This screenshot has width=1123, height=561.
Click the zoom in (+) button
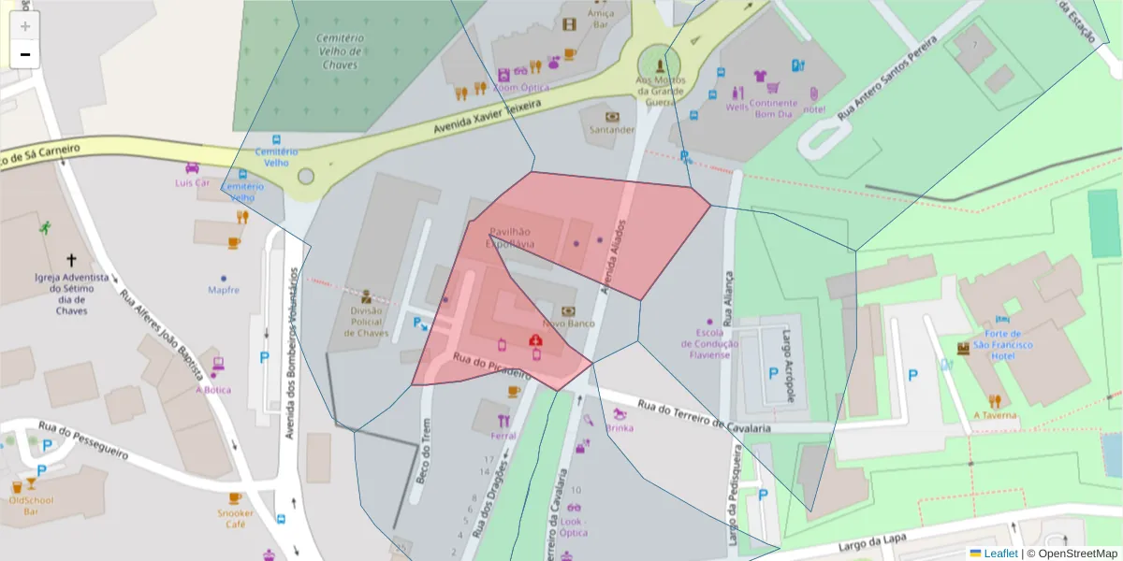[x=25, y=26]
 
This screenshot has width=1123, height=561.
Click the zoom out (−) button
[x=25, y=54]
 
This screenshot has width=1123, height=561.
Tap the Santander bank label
[x=612, y=130]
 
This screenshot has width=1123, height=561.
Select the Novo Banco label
[x=568, y=324]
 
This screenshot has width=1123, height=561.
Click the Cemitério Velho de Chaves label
[x=340, y=51]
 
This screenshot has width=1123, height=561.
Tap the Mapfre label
[x=223, y=290]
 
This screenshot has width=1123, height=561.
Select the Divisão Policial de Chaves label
[x=367, y=322]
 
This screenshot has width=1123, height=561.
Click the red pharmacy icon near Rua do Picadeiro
[x=535, y=341]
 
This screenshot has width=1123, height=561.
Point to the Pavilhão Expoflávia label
[x=509, y=237]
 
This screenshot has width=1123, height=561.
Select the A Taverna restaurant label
[x=994, y=415]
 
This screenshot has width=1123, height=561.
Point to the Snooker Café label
[x=235, y=518]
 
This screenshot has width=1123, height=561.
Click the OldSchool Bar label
[x=31, y=506]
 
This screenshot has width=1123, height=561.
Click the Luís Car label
[x=192, y=182]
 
